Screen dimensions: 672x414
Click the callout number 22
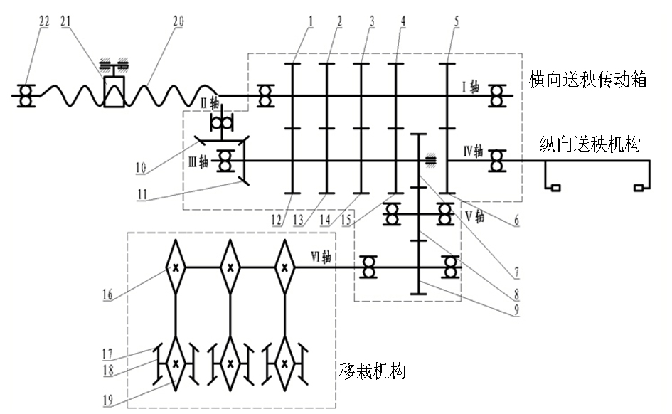[x=44, y=21]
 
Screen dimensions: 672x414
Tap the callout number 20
[x=178, y=21]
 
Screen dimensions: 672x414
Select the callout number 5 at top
[x=457, y=21]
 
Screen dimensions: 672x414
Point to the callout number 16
[x=107, y=294]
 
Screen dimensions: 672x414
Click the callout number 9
[x=517, y=309]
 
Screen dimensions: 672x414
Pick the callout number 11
[x=142, y=195]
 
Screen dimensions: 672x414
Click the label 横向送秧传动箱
[x=587, y=80]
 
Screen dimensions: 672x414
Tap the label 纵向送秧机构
[x=590, y=144]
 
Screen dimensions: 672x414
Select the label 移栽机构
[x=372, y=371]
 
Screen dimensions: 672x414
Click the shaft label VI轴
[x=321, y=257]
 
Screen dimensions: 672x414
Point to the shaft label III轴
[x=198, y=162]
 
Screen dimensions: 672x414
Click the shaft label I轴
[x=471, y=87]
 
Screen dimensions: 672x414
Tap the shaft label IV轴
[x=473, y=151]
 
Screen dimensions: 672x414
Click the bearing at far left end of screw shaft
[x=26, y=96]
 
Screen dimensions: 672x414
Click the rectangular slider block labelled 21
[x=114, y=92]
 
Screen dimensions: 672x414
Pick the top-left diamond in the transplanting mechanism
[x=176, y=267]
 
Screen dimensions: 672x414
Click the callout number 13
[x=298, y=221]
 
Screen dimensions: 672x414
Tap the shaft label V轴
[x=475, y=216]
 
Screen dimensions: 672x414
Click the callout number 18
[x=108, y=370]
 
